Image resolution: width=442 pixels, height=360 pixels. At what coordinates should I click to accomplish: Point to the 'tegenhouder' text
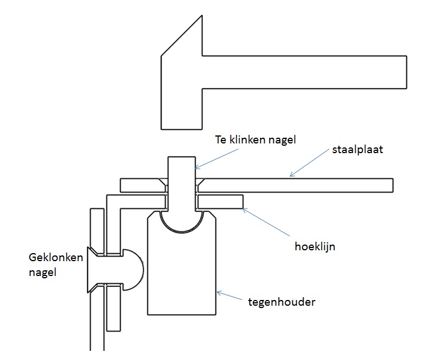[x=282, y=301]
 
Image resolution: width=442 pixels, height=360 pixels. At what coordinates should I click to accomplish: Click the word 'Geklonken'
[x=55, y=258]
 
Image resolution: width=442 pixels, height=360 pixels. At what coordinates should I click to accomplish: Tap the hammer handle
[x=303, y=72]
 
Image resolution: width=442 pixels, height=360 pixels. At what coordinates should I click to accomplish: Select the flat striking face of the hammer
[x=182, y=127]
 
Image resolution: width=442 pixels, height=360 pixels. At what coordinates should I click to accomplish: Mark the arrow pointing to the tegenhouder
[x=232, y=298]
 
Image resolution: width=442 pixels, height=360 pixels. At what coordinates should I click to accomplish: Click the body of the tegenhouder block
[x=181, y=274]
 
